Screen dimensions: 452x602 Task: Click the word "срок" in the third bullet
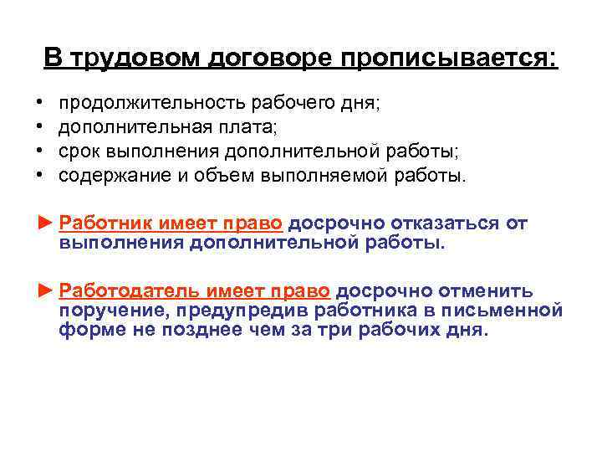(79, 152)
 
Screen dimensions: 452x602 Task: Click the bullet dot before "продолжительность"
(39, 105)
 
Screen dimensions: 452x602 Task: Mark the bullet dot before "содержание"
(39, 177)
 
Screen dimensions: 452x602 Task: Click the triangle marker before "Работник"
(45, 223)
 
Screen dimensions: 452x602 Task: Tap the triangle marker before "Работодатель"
(45, 291)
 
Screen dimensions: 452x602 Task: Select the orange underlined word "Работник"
(104, 223)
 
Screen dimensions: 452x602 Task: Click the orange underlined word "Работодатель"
(125, 291)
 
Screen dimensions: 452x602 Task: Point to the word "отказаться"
(448, 223)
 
